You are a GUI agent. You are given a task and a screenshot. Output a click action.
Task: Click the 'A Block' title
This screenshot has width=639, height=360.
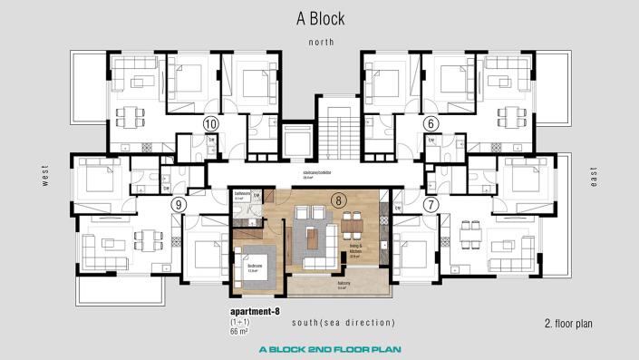tap(319, 17)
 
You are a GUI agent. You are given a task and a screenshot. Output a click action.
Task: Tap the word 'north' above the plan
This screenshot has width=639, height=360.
tap(321, 43)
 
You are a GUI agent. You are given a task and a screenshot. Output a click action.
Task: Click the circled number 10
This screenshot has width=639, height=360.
tap(211, 124)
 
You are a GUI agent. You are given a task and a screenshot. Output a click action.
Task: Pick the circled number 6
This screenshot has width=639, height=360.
tap(431, 124)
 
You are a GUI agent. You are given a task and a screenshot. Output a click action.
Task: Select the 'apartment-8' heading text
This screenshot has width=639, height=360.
tap(256, 312)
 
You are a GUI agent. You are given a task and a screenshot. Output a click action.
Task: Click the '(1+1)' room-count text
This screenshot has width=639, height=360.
tap(241, 323)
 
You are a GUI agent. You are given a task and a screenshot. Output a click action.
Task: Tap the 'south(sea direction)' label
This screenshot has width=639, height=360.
tap(344, 323)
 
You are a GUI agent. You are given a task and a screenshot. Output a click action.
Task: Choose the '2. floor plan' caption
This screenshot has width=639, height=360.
tap(567, 323)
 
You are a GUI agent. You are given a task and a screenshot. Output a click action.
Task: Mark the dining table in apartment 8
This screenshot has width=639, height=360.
tap(353, 222)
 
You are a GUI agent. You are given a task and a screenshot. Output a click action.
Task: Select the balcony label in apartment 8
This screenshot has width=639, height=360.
tap(344, 283)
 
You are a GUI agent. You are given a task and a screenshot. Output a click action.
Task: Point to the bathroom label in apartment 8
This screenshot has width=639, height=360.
tap(242, 195)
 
